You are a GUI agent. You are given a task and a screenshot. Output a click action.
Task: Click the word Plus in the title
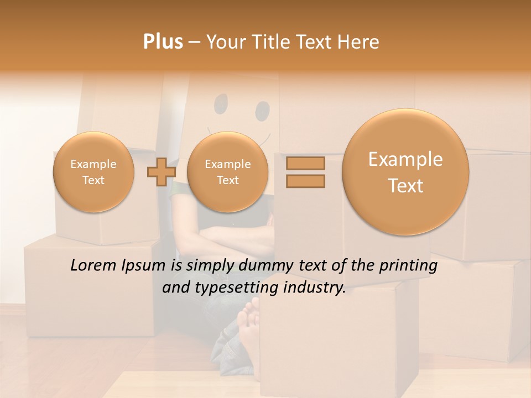pos(163,42)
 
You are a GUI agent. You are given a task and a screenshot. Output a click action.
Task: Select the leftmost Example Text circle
pos(93,172)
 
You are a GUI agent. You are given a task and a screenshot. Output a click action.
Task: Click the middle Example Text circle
pos(227,172)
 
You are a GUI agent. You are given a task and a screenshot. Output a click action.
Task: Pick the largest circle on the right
pos(405,172)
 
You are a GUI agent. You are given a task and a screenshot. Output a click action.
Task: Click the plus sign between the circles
pos(161,172)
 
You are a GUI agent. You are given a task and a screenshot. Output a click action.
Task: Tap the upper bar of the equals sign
pos(305,164)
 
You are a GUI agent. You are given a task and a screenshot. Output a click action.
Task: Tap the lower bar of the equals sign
pos(305,181)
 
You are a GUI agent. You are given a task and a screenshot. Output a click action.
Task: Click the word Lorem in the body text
pos(92,266)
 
